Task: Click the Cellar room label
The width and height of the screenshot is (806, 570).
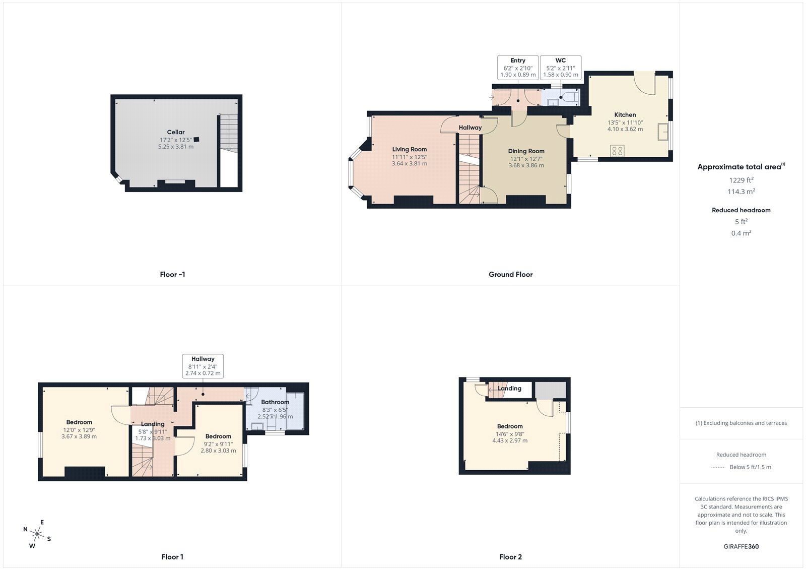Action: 176,132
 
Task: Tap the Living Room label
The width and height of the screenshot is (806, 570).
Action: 409,149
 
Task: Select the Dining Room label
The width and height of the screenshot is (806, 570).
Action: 526,151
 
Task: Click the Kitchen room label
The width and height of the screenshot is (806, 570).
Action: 625,115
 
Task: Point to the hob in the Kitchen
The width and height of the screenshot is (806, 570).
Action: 617,150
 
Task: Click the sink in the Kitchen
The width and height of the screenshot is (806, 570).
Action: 663,132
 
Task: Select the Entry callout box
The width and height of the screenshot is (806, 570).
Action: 517,68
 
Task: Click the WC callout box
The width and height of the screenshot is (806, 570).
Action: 560,68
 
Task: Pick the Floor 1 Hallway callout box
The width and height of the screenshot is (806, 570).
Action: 203,366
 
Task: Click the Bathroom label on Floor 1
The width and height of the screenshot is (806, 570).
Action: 275,402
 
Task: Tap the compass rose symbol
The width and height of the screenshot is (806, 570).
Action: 37,533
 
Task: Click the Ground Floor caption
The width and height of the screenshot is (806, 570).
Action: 510,275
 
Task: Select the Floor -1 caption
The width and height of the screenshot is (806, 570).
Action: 172,275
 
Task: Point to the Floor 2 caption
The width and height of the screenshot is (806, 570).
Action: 510,557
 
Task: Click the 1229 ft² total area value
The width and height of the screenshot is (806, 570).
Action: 741,180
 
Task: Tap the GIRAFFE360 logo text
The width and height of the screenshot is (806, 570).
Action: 741,546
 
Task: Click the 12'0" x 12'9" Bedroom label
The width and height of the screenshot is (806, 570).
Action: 79,422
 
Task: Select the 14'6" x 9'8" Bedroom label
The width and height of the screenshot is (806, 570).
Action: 510,426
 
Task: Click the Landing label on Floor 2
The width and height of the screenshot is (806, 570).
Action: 509,389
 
